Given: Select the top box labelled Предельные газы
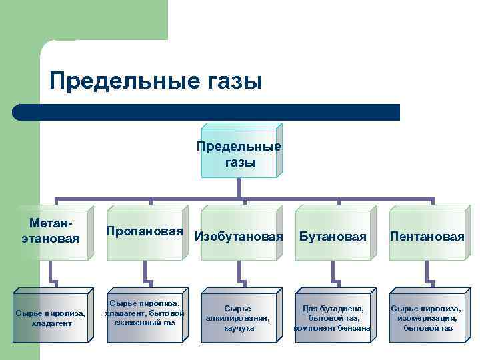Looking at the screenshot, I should click(239, 154).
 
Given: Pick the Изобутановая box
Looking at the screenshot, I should click(238, 236).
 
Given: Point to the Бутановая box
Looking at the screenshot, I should click(333, 236).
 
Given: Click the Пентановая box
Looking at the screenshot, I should click(427, 236).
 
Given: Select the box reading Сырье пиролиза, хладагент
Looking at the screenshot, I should click(50, 317).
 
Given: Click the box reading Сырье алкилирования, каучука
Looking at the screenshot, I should click(238, 318).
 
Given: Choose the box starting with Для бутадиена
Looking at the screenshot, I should click(333, 318).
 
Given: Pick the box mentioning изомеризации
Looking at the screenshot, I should click(427, 318).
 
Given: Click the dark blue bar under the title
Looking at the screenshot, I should click(207, 112).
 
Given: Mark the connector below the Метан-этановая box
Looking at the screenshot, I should click(51, 273).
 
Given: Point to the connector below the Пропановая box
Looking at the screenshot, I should click(145, 273).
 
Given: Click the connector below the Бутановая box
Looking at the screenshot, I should click(333, 273).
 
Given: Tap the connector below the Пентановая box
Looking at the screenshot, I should click(427, 273).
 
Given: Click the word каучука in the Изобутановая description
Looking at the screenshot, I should click(239, 328).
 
